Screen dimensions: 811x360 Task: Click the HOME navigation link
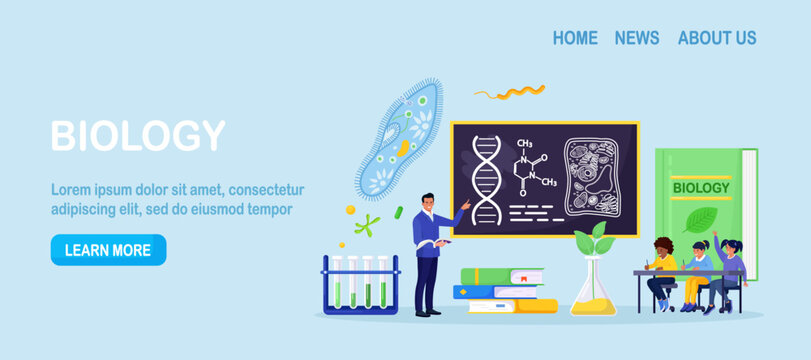click(x=575, y=38)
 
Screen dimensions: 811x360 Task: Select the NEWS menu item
click(x=637, y=38)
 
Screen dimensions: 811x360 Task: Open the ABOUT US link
click(x=717, y=38)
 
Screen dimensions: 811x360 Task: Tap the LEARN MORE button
click(x=109, y=250)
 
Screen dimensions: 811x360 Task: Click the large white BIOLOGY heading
click(x=138, y=136)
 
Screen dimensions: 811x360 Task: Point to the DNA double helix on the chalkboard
click(x=487, y=180)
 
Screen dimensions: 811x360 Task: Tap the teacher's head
click(x=428, y=203)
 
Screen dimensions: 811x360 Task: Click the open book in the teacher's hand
click(x=433, y=243)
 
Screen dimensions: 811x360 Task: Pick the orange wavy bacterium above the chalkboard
click(x=510, y=92)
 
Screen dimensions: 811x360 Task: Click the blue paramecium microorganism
click(x=399, y=139)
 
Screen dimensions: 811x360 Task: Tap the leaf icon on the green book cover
click(x=700, y=219)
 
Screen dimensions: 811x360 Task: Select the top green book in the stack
click(x=502, y=276)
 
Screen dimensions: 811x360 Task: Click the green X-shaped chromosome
click(x=367, y=225)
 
